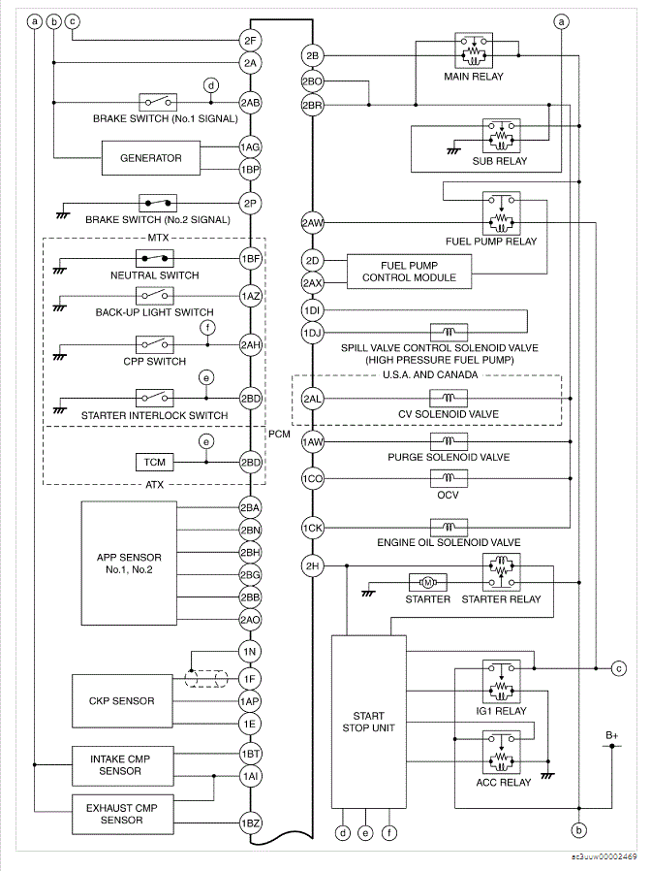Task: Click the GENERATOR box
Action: pyautogui.click(x=150, y=157)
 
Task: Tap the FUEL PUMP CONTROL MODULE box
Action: pyautogui.click(x=408, y=271)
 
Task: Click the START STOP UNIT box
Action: pyautogui.click(x=369, y=722)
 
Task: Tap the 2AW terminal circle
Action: pyautogui.click(x=312, y=223)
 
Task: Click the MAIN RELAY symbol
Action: pyautogui.click(x=474, y=49)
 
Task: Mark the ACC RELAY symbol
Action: pyautogui.click(x=501, y=749)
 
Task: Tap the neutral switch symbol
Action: pyautogui.click(x=156, y=259)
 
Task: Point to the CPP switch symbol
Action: pyautogui.click(x=156, y=344)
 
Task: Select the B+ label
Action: pyautogui.click(x=612, y=736)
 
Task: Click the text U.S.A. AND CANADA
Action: pyautogui.click(x=430, y=373)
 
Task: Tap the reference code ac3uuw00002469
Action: pyautogui.click(x=604, y=856)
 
